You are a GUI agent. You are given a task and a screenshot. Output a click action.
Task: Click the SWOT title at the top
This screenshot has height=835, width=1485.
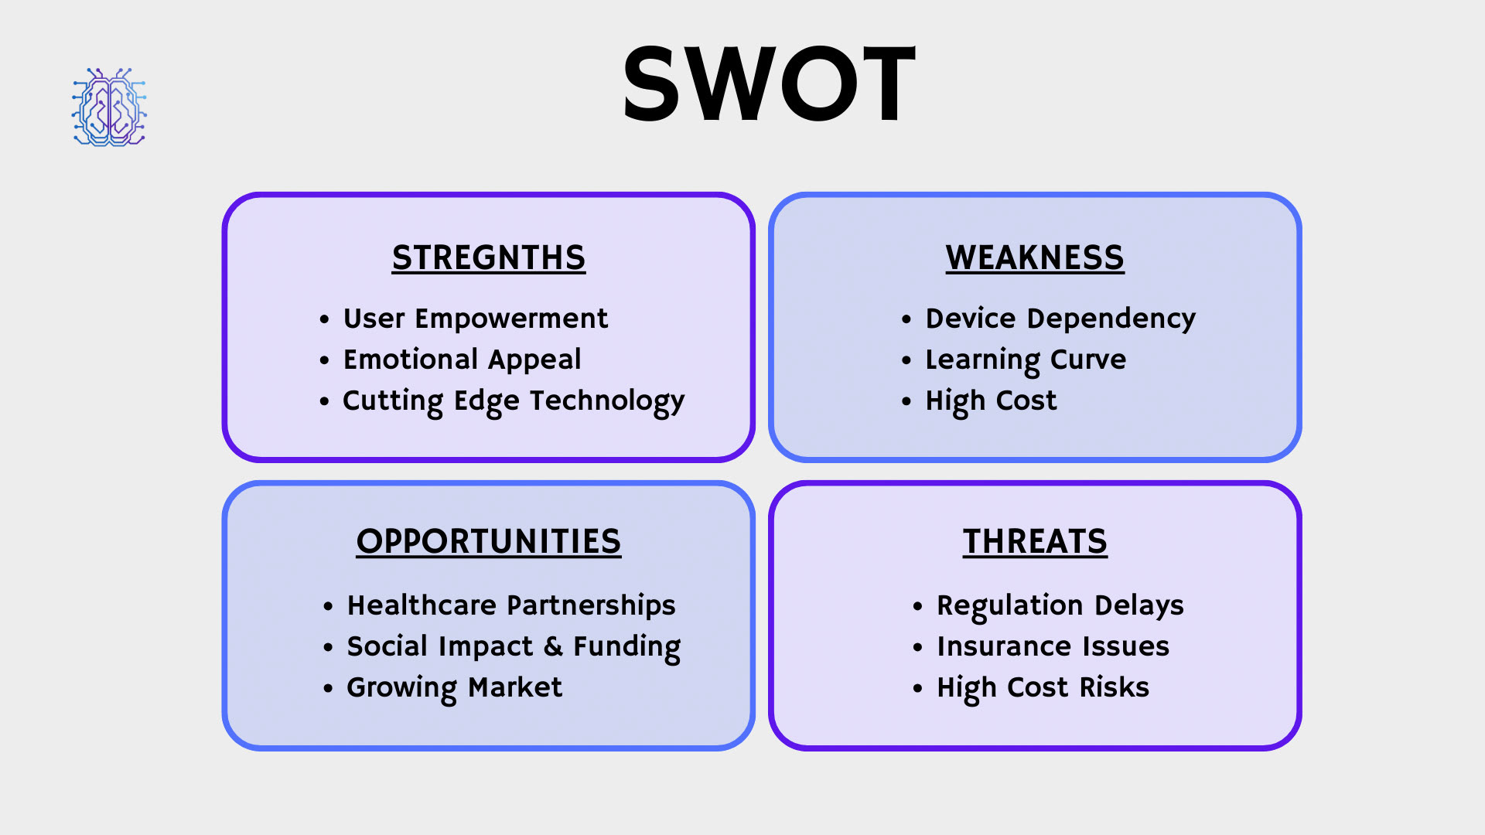(770, 83)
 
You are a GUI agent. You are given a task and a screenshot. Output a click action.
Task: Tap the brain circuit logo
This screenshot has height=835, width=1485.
(109, 107)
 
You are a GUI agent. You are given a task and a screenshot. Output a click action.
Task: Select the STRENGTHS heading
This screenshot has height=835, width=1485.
(489, 257)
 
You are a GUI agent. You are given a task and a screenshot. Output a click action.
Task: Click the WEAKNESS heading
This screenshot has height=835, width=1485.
(1035, 257)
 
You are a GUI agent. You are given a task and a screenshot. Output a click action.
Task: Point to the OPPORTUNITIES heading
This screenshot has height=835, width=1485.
(489, 541)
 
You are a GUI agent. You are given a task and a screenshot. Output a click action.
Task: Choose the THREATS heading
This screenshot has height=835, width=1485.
(1035, 541)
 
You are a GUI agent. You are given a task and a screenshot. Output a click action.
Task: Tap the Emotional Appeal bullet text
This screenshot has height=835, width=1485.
(462, 360)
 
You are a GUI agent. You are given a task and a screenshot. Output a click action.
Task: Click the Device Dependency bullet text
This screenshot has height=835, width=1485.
(1060, 319)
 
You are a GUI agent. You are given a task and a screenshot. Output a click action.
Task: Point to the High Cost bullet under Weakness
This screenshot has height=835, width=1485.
(991, 401)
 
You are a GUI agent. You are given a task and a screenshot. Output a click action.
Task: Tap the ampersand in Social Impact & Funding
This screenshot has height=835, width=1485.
(553, 646)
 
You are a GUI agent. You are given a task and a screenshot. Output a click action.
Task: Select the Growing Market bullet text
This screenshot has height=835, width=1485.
(454, 688)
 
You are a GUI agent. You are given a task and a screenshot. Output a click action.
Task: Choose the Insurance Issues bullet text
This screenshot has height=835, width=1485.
(1053, 646)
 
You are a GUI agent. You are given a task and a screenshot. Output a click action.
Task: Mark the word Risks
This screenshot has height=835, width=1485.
(1114, 687)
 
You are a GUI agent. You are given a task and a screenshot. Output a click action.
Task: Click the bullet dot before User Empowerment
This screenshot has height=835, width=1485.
(324, 319)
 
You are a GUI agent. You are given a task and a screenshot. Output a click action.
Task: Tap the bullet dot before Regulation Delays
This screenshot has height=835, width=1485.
(917, 606)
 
